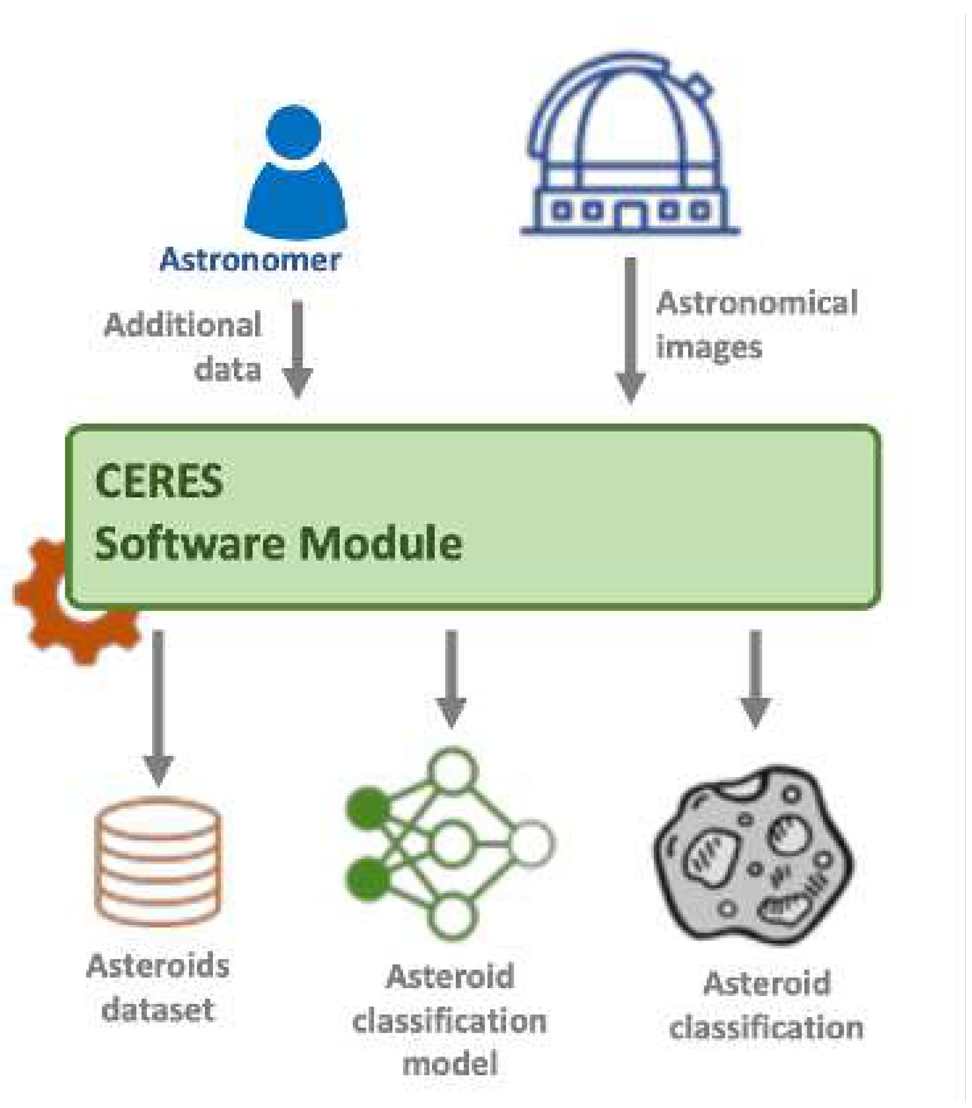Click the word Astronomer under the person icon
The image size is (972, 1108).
(x=250, y=260)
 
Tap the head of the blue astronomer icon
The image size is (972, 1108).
(x=294, y=132)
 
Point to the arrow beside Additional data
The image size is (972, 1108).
(x=297, y=349)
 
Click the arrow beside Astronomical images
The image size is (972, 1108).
(x=630, y=331)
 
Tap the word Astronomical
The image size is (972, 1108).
(x=757, y=303)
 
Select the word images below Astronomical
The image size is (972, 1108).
(x=709, y=347)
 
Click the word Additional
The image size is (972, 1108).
(x=183, y=325)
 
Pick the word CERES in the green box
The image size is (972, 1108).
(x=159, y=481)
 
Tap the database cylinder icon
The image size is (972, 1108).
(x=158, y=862)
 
